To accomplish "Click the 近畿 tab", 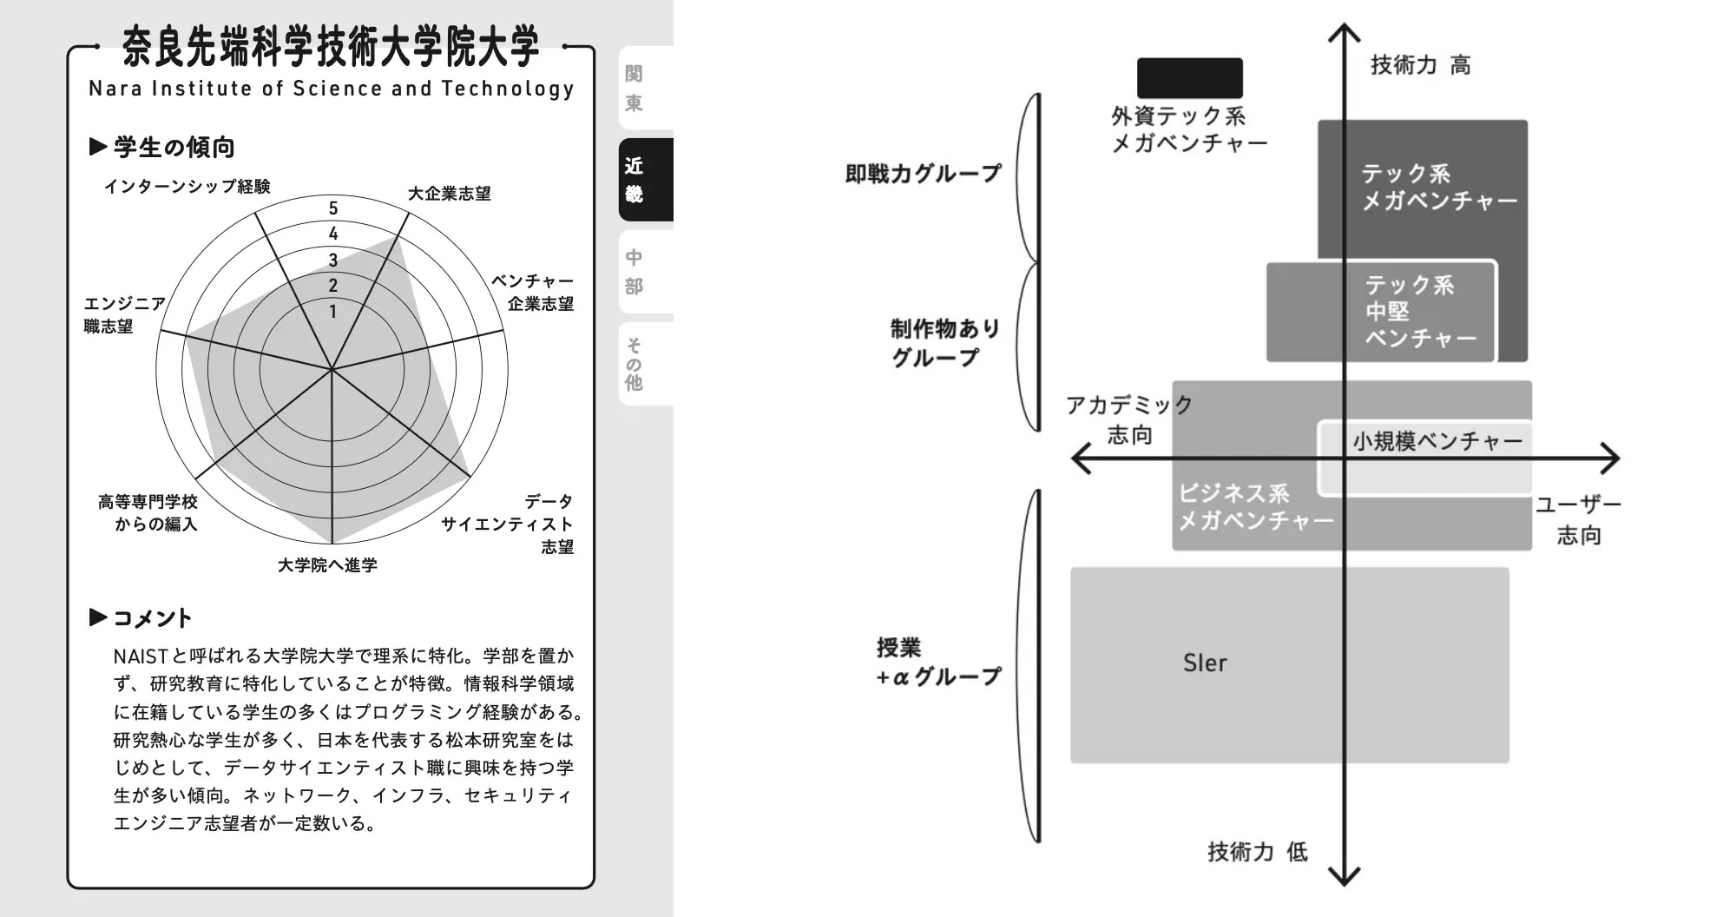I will [x=644, y=179].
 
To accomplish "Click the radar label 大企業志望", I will [x=450, y=194].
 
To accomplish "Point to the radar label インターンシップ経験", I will [x=187, y=187].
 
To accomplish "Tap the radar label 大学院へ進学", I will [x=327, y=565].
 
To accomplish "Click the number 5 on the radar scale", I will [x=333, y=208].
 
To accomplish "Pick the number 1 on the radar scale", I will [x=333, y=311].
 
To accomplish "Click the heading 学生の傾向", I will [x=174, y=148].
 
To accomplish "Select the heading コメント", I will [x=152, y=618].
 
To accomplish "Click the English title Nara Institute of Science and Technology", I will [x=331, y=89].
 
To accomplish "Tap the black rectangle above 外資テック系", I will [x=1190, y=78].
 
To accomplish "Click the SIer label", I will [x=1205, y=663].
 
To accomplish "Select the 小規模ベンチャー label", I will [x=1437, y=442].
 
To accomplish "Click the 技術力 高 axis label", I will [x=1420, y=65].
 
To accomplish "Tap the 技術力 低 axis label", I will [x=1257, y=852].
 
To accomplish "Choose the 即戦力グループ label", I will [x=923, y=174].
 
